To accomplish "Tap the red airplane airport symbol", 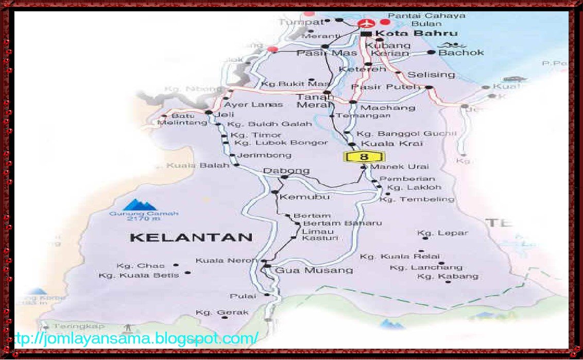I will tap(367, 23).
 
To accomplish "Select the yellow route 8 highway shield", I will tap(364, 157).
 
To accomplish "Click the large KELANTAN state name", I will tap(191, 237).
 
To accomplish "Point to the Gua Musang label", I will tap(314, 270).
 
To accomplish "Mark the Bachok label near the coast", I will tap(461, 52).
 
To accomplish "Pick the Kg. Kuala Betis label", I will tap(139, 275).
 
